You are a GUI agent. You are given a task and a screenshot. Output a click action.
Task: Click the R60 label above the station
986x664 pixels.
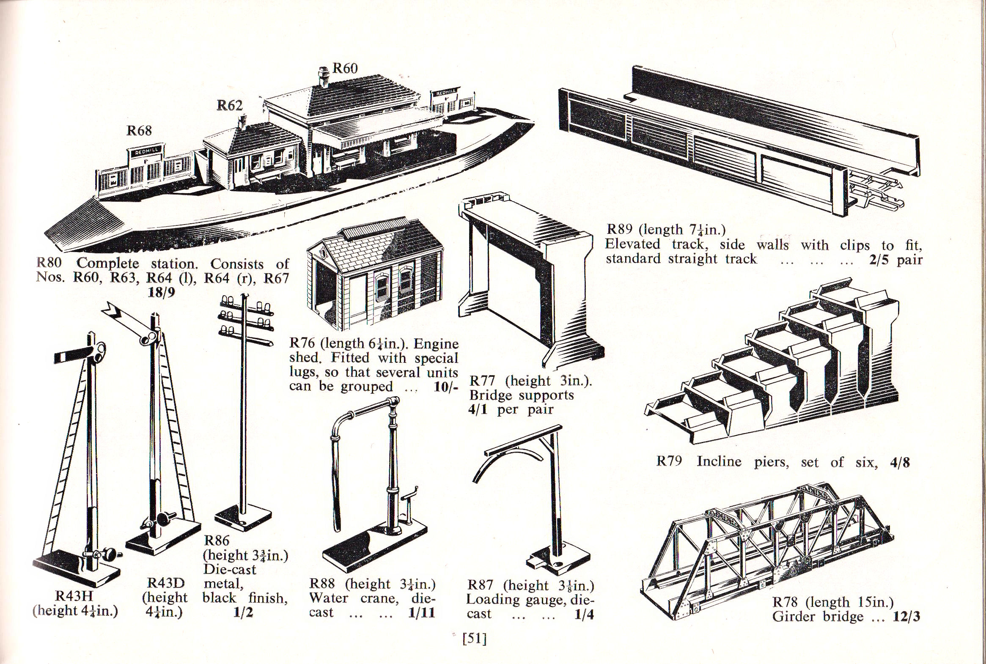[x=345, y=68]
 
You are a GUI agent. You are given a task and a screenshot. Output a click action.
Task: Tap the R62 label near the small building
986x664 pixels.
[x=230, y=105]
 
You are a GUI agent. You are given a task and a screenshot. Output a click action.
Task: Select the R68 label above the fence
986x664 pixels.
[x=139, y=131]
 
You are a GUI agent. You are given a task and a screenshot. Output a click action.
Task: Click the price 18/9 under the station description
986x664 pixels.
[x=161, y=293]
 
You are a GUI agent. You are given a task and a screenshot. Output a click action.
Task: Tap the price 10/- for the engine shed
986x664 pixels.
[x=446, y=387]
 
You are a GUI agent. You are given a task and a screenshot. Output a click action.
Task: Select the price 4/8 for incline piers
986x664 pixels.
[x=900, y=462]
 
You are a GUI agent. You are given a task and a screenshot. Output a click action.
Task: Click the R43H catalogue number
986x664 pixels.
[x=74, y=596]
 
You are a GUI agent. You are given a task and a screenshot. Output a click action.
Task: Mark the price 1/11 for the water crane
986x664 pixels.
[x=422, y=613]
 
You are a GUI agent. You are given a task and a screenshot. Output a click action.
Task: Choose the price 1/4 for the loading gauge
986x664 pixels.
[x=584, y=615]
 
